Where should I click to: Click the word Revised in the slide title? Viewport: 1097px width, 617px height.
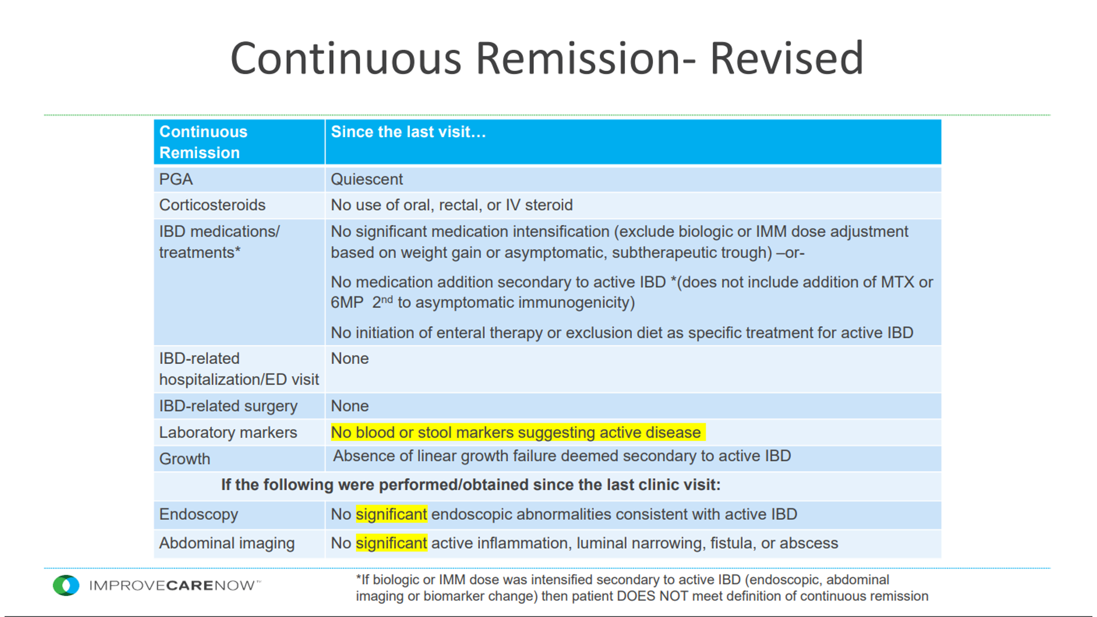pos(786,58)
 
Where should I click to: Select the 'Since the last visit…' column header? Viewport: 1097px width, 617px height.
pos(409,132)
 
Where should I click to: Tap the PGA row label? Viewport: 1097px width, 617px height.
pos(176,179)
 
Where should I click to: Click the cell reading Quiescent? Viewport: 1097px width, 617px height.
pos(367,179)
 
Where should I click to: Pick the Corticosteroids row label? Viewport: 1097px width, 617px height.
pos(213,205)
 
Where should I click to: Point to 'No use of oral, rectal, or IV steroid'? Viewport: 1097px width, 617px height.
pos(452,205)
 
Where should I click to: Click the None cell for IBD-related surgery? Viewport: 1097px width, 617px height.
pos(350,406)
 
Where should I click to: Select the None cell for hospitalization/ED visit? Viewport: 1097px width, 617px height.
pos(350,359)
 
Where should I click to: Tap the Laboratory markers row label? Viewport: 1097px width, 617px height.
pos(228,432)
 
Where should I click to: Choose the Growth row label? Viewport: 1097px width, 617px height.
pos(185,459)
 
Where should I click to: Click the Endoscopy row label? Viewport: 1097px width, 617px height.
pos(198,514)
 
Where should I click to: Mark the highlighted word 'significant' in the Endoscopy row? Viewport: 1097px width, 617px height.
pos(391,514)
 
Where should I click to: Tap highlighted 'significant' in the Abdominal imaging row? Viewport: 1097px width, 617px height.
pos(391,543)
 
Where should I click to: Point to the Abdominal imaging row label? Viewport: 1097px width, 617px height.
pos(227,543)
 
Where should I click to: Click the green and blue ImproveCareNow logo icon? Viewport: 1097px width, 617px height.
pos(66,586)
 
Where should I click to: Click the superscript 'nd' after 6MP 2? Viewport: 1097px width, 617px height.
pos(387,299)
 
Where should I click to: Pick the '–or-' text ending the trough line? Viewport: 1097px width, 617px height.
pos(790,253)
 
